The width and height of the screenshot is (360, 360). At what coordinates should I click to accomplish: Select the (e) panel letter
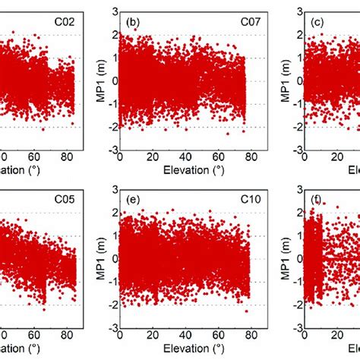[132, 203]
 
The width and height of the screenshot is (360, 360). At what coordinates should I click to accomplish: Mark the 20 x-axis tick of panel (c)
[334, 156]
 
